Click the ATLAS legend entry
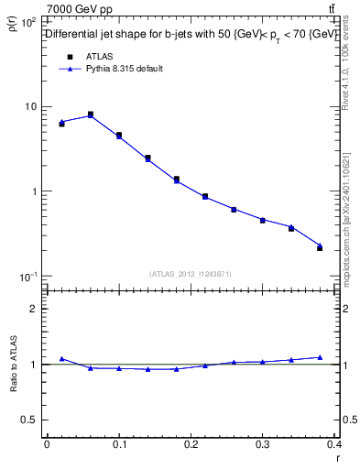96,56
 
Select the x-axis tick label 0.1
119,444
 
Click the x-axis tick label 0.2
191,444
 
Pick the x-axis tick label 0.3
262,444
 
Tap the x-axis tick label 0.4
333,444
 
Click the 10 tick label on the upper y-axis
31,107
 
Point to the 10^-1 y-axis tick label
28,276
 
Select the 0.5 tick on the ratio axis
30,420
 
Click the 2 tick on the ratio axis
35,309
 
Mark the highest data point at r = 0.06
90,115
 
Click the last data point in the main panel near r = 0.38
320,247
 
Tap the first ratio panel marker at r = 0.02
61,359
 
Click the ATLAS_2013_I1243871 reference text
190,274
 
